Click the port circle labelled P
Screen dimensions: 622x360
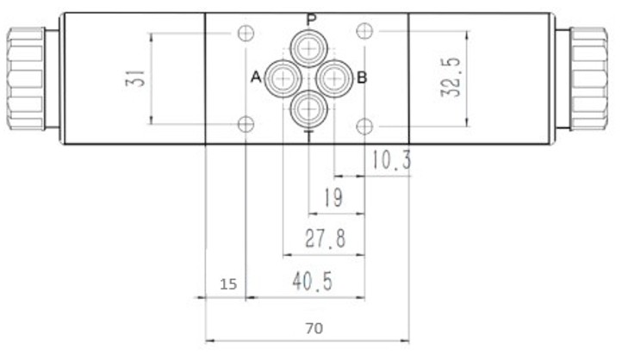pyautogui.click(x=308, y=49)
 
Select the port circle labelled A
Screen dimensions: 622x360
pyautogui.click(x=283, y=78)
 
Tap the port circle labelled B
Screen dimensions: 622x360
pyautogui.click(x=334, y=78)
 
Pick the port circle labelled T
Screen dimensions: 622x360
pyautogui.click(x=308, y=109)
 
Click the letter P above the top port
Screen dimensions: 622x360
pyautogui.click(x=312, y=20)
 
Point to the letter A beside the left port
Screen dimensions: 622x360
pyautogui.click(x=256, y=77)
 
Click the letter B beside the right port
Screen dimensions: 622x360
pyautogui.click(x=362, y=78)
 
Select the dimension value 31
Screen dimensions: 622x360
pyautogui.click(x=135, y=78)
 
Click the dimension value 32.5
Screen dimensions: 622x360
pyautogui.click(x=451, y=78)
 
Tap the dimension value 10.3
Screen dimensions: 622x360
pyautogui.click(x=391, y=160)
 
